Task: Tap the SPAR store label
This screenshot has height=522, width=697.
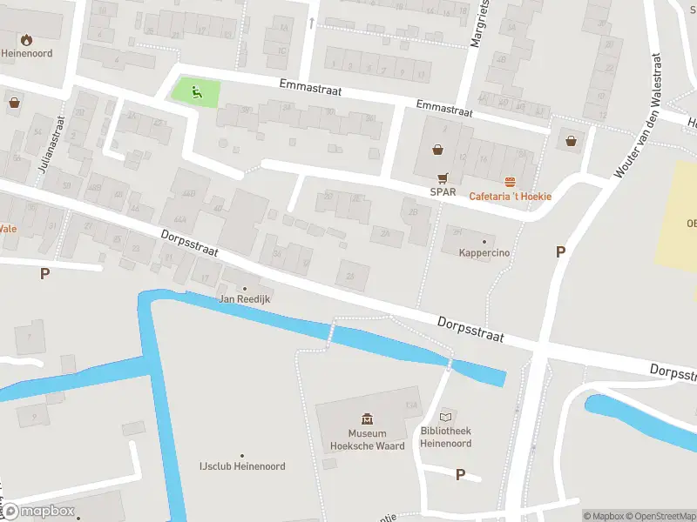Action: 443,191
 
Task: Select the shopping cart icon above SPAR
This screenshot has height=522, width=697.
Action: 443,175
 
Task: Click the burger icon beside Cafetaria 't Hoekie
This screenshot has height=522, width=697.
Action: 510,181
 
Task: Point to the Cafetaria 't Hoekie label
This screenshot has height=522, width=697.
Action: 511,197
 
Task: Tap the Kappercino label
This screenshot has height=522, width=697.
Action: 484,253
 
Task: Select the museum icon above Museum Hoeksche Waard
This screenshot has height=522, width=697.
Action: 367,419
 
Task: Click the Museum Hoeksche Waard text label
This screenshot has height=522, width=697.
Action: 367,439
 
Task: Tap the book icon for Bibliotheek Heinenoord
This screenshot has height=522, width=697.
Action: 447,417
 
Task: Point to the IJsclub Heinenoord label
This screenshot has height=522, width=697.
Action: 242,466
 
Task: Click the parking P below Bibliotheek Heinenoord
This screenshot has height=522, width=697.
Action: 460,474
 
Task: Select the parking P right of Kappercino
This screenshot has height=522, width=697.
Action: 561,251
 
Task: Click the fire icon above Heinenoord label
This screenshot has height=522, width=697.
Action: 26,39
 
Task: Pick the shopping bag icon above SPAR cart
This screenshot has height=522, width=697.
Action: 436,149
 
